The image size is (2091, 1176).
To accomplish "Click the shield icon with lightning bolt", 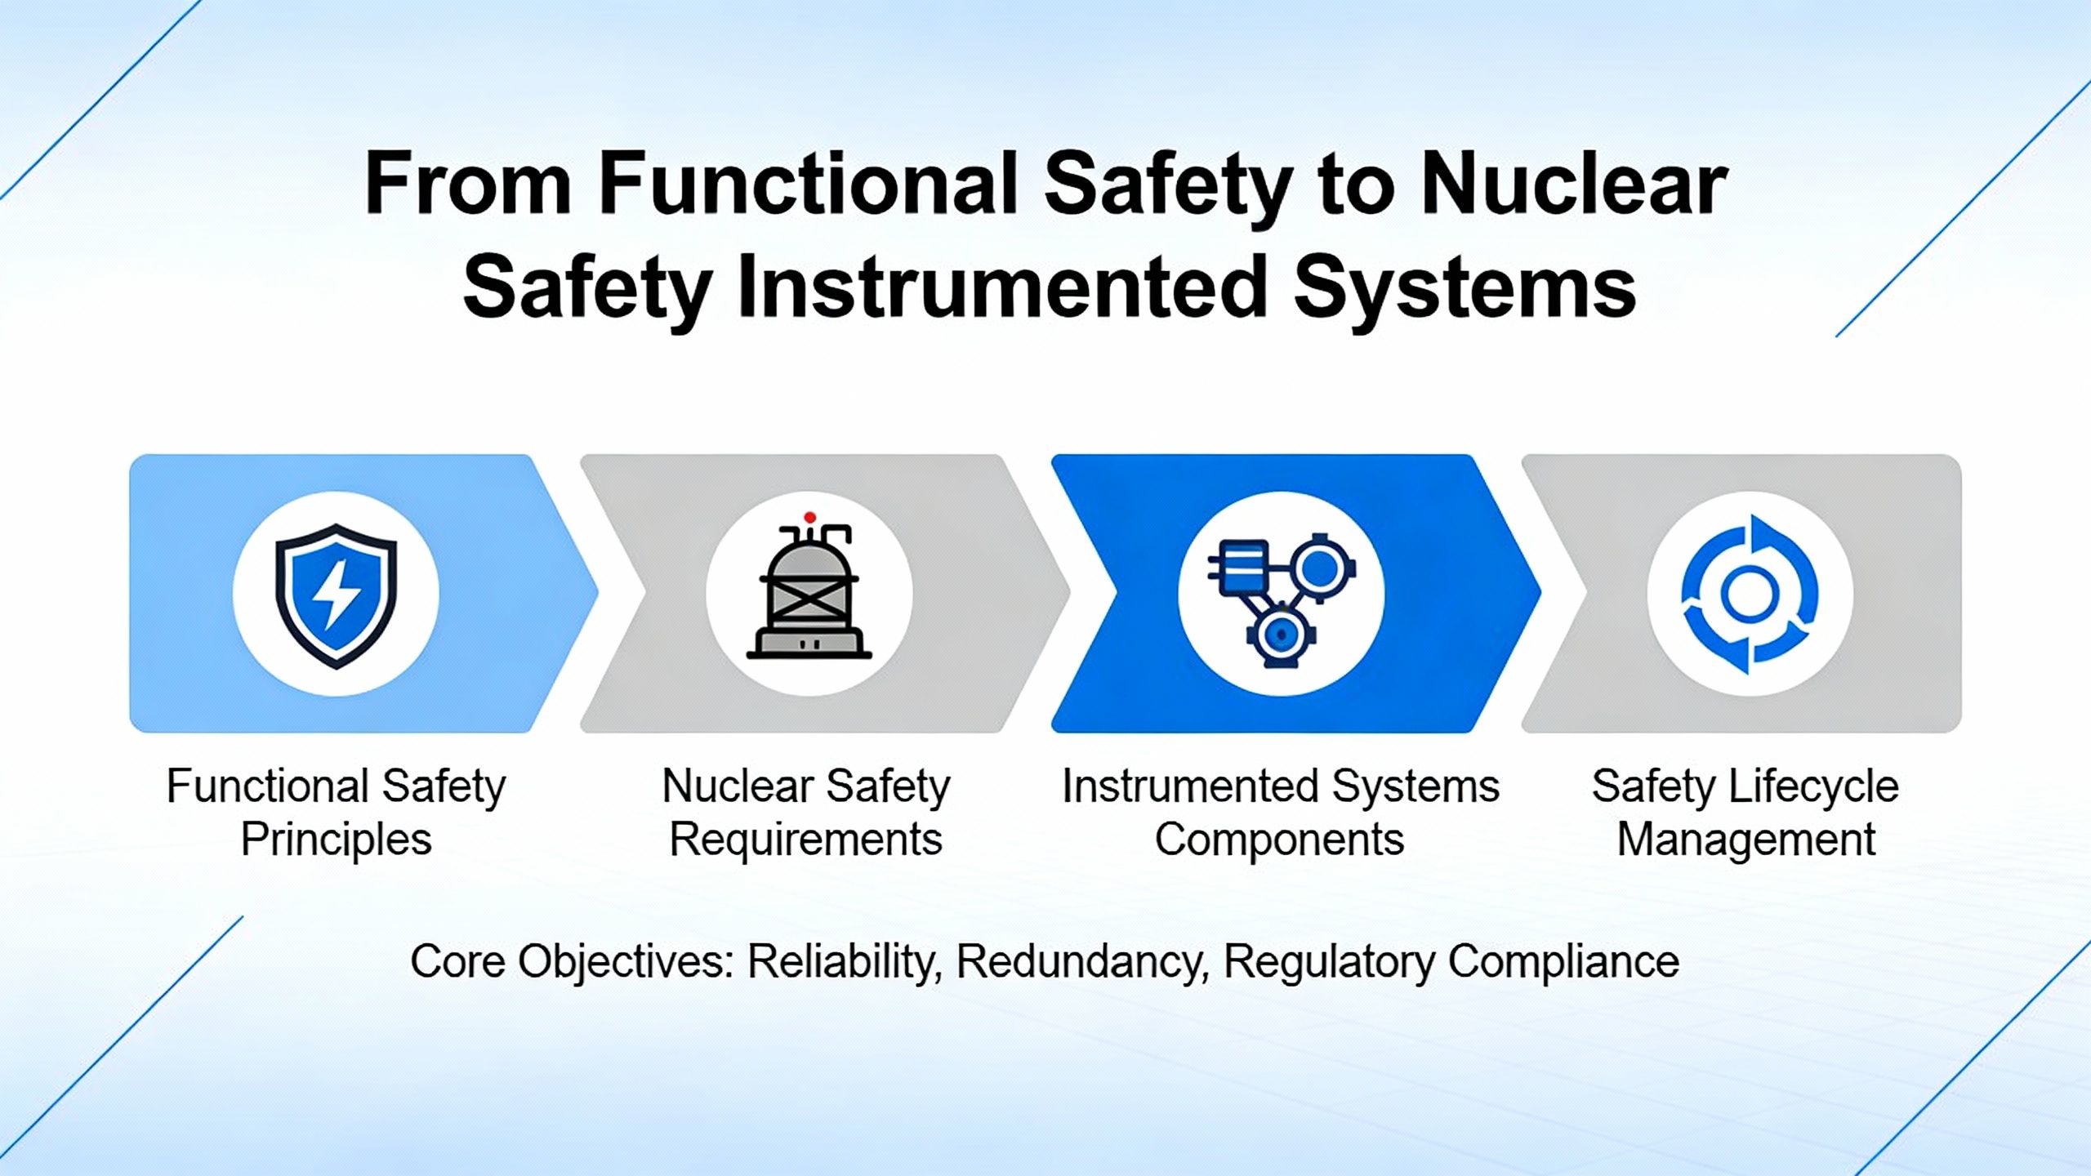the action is pyautogui.click(x=336, y=595).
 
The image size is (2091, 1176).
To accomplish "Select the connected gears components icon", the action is pyautogui.click(x=1281, y=599).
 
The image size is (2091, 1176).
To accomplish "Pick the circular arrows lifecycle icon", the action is pyautogui.click(x=1750, y=594).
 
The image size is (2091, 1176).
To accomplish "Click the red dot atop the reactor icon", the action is pyautogui.click(x=809, y=518).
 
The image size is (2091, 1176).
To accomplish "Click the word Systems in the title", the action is pyautogui.click(x=1465, y=287).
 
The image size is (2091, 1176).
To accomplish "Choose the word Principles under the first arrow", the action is pyautogui.click(x=336, y=840).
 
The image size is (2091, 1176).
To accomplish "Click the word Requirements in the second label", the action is pyautogui.click(x=806, y=840).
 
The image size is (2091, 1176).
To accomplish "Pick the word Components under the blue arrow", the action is pyautogui.click(x=1280, y=840).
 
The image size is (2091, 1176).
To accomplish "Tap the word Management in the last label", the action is pyautogui.click(x=1747, y=840).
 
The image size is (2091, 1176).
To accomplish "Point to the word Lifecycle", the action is pyautogui.click(x=1814, y=787).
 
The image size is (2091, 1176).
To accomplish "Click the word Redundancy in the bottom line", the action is pyautogui.click(x=1082, y=962).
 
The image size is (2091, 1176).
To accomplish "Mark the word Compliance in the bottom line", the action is pyautogui.click(x=1563, y=962).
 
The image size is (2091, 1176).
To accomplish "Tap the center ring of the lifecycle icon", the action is pyautogui.click(x=1750, y=594).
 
